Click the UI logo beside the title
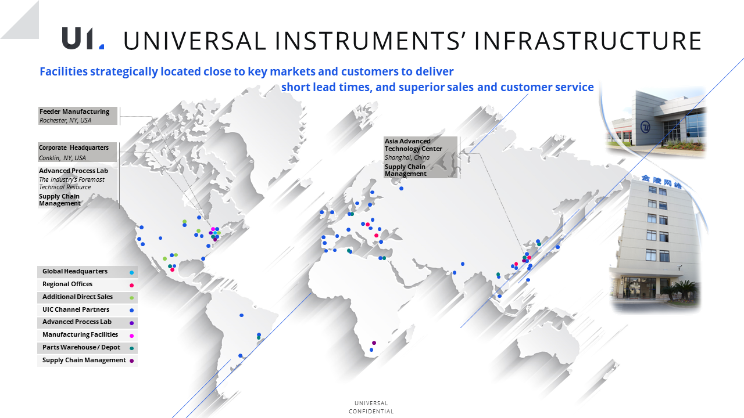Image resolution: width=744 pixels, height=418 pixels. [x=83, y=39]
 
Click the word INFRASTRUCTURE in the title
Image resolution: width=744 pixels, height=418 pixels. [x=588, y=41]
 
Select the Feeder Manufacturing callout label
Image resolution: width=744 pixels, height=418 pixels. [x=74, y=111]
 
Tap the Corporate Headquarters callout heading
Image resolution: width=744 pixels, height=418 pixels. [x=74, y=147]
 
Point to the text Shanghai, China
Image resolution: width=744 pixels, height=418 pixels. [x=407, y=157]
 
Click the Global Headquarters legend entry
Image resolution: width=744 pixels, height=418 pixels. [x=75, y=271]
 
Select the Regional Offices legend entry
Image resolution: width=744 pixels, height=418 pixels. [x=67, y=284]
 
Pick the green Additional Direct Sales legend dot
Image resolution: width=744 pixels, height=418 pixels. [x=131, y=298]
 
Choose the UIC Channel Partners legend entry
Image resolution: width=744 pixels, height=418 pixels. [x=76, y=309]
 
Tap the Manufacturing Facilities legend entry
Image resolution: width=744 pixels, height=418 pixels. [x=80, y=334]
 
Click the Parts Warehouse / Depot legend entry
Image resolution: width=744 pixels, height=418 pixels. [x=81, y=347]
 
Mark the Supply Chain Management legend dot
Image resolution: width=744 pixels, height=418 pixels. [x=131, y=361]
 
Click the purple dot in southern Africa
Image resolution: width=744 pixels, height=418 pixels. [x=374, y=343]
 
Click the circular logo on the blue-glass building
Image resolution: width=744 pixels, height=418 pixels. [x=645, y=127]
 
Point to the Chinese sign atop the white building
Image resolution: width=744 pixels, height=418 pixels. [x=661, y=182]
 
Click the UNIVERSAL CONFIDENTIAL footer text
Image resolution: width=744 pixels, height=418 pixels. [x=371, y=408]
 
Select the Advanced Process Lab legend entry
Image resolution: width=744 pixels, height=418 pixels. [x=77, y=322]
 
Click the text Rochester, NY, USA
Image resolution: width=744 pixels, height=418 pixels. [x=65, y=120]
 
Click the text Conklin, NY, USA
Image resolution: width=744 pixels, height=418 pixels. [x=62, y=158]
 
